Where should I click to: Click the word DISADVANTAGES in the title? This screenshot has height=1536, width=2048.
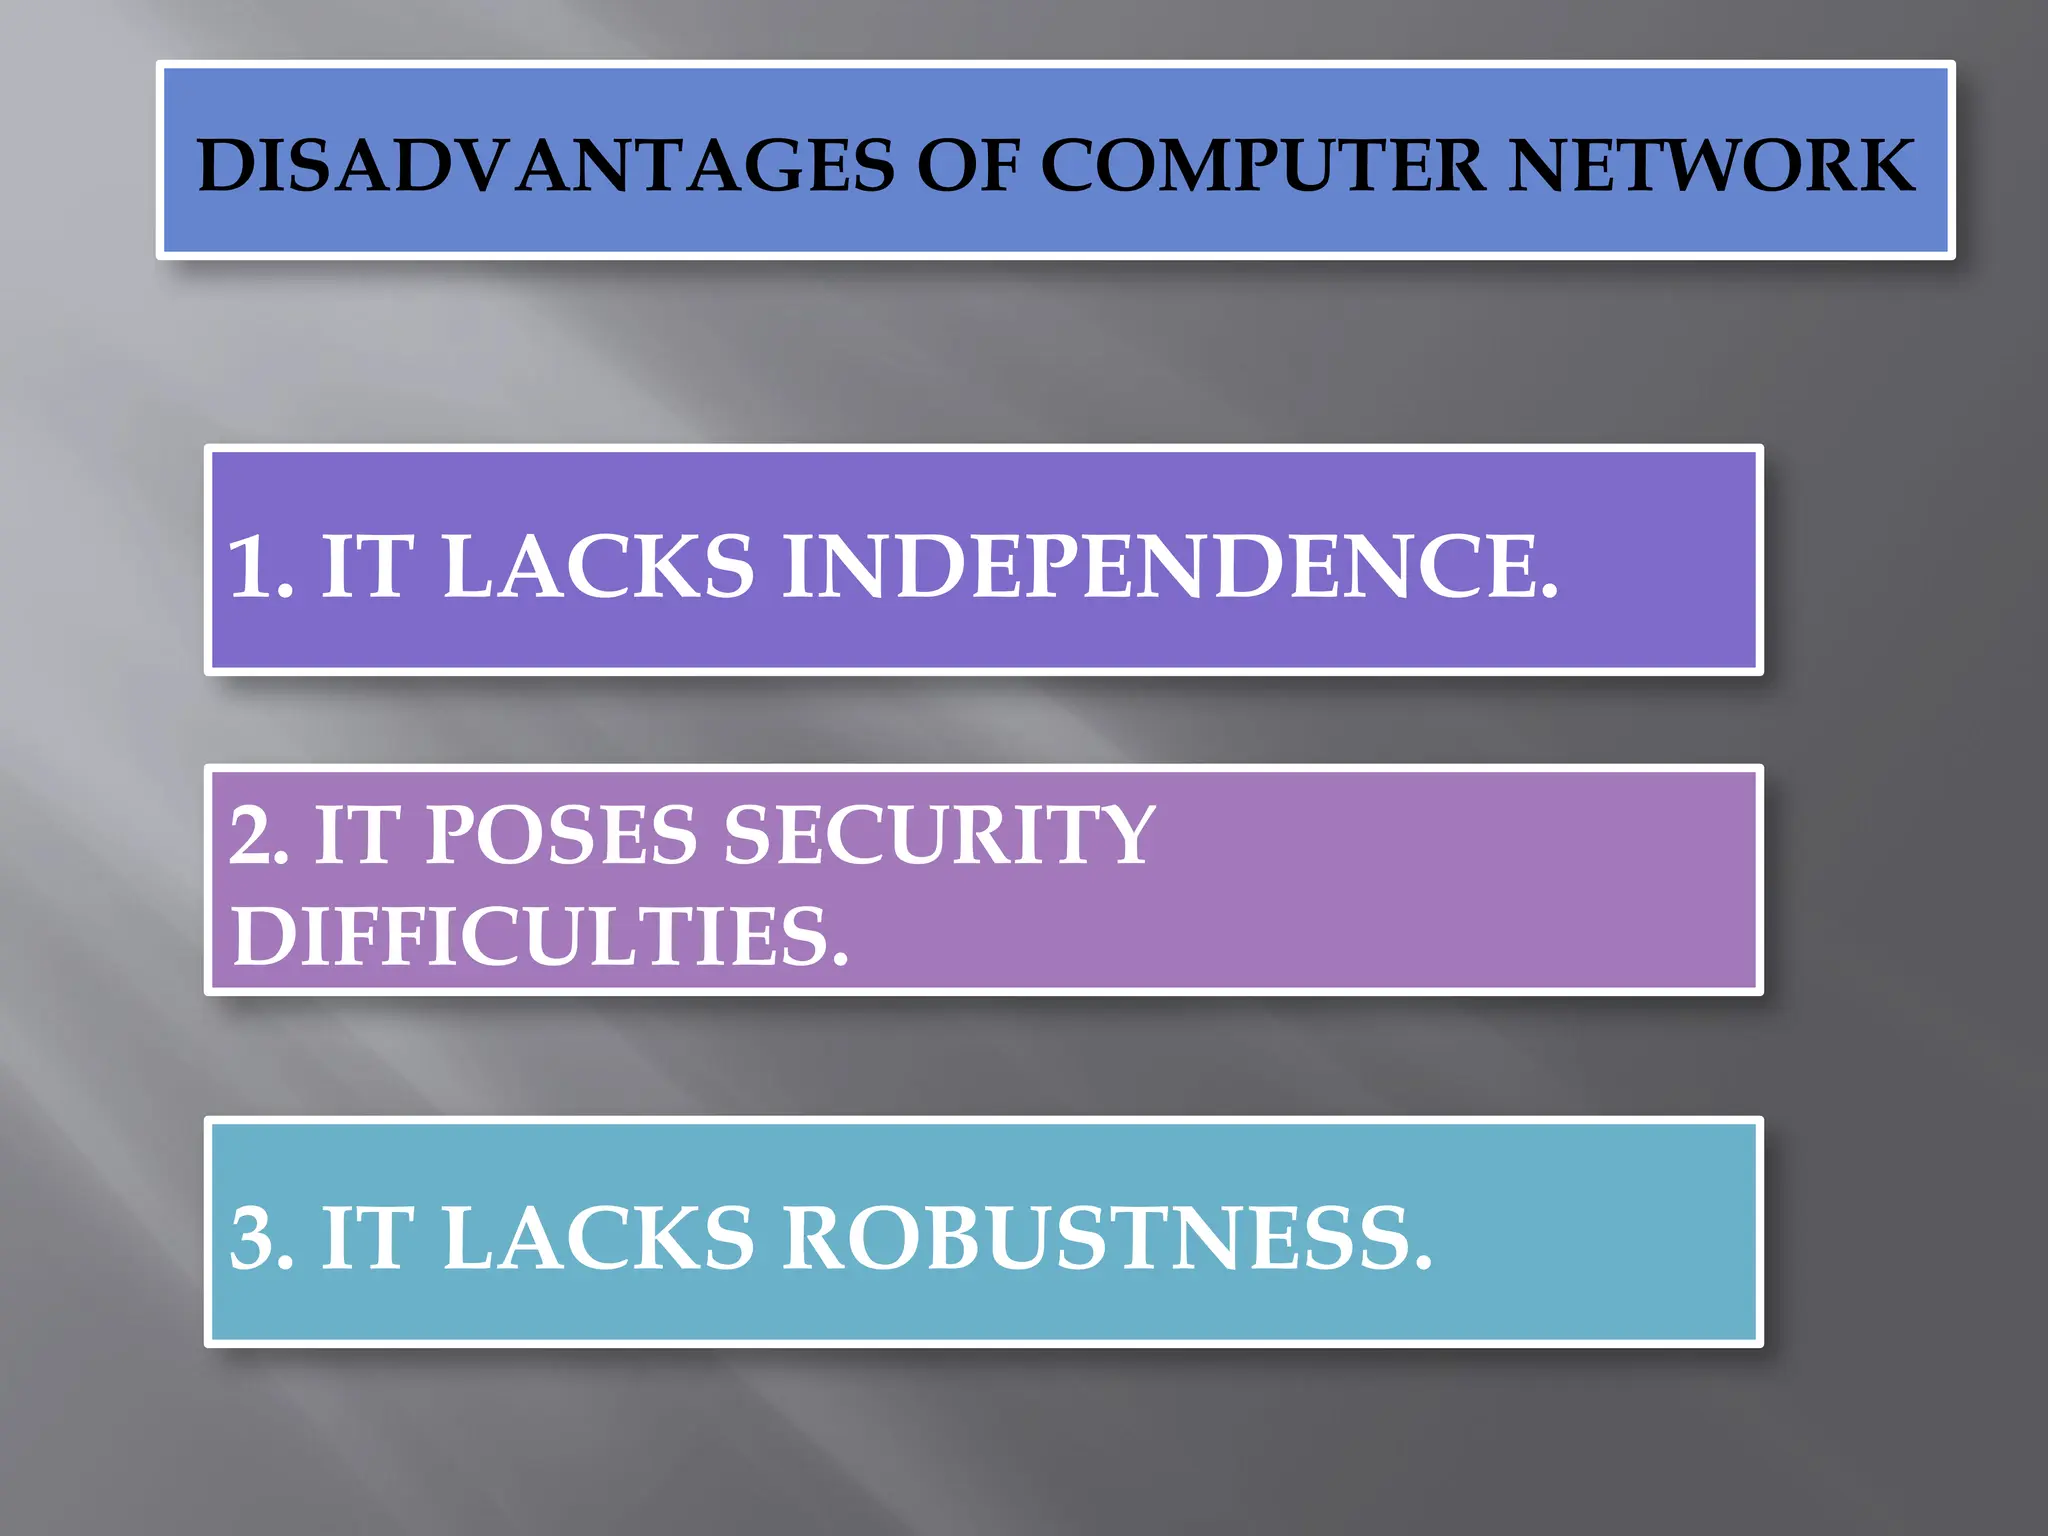(x=546, y=165)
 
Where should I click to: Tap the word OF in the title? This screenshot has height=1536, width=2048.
(x=968, y=165)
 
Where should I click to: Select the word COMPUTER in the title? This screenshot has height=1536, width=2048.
(x=1263, y=165)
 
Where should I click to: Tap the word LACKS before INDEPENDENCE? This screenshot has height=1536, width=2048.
(x=598, y=566)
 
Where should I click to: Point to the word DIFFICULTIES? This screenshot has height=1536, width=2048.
(x=530, y=936)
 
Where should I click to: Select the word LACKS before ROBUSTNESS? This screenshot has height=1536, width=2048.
(x=598, y=1238)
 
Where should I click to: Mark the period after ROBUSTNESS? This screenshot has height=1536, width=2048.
(x=1422, y=1263)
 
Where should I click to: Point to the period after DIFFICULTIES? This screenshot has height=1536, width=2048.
(x=839, y=961)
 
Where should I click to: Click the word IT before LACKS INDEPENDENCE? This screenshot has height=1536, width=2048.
(x=366, y=566)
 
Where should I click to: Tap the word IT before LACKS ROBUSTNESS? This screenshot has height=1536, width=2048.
(x=366, y=1238)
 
